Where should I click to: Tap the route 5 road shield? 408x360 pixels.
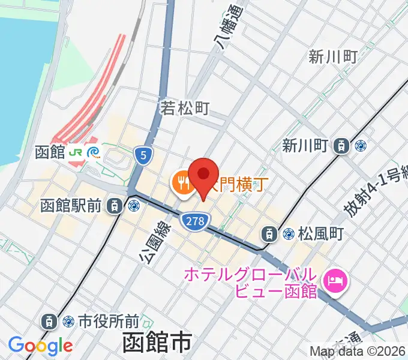[x=142, y=156]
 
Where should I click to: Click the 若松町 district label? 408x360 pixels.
[x=185, y=108]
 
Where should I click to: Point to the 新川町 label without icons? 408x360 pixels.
[x=334, y=57]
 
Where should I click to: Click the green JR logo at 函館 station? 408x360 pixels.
[x=77, y=152]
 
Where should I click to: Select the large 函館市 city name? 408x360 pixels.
[x=157, y=343]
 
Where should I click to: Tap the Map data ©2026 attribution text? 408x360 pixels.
[x=358, y=351]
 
